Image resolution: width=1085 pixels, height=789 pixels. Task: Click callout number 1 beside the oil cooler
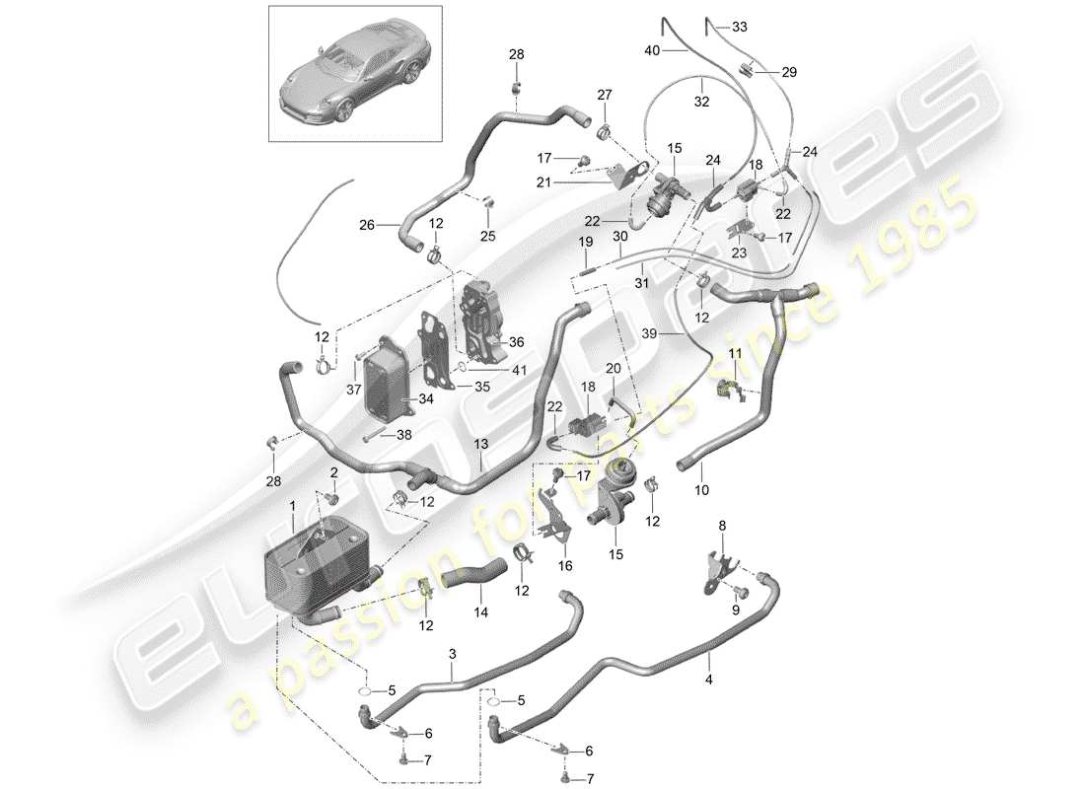coord(293,506)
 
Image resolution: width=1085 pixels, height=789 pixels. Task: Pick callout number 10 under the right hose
coord(701,488)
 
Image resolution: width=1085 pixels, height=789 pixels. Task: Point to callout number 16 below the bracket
coord(564,566)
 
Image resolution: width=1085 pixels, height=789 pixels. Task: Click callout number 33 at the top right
coord(740,27)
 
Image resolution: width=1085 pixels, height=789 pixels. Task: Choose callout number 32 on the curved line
coord(702,99)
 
